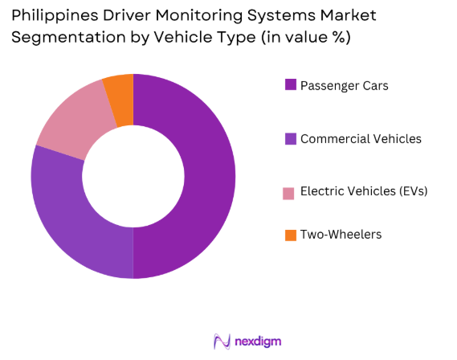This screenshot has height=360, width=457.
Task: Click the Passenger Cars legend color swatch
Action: pos(290,84)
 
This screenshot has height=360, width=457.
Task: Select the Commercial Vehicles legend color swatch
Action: pos(290,139)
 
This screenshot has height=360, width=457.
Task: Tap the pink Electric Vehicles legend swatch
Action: pos(290,192)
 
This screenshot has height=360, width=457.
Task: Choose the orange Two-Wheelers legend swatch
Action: pos(290,235)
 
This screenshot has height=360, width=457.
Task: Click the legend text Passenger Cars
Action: pos(344,84)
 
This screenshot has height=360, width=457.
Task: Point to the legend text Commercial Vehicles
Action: pos(361,139)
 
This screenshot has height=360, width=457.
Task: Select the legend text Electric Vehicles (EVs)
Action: pos(364,192)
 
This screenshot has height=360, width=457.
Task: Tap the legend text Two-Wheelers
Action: pos(341,235)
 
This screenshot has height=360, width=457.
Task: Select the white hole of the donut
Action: pos(133,176)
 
